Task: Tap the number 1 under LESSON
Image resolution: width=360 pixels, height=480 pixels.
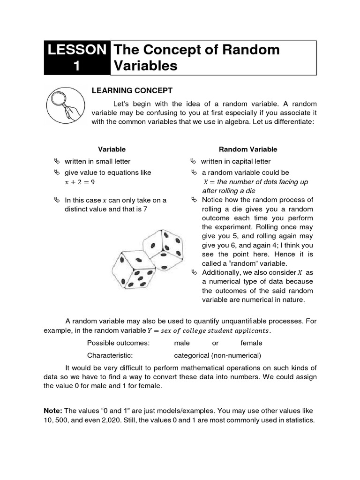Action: (77, 66)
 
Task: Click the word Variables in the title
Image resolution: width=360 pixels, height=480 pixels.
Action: (146, 66)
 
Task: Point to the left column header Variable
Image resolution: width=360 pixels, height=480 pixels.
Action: (112, 149)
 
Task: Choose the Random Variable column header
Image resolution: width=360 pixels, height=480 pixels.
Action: (248, 149)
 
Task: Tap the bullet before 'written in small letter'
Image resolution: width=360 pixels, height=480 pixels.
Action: (58, 161)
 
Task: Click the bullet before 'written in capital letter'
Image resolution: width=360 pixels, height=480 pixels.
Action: (194, 161)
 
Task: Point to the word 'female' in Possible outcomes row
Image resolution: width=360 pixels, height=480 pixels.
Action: (251, 343)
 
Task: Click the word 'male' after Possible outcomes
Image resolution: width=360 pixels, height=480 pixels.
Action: (182, 343)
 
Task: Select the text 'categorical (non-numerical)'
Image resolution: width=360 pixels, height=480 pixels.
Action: (217, 355)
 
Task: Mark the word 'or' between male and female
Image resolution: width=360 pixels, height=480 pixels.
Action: (216, 343)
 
